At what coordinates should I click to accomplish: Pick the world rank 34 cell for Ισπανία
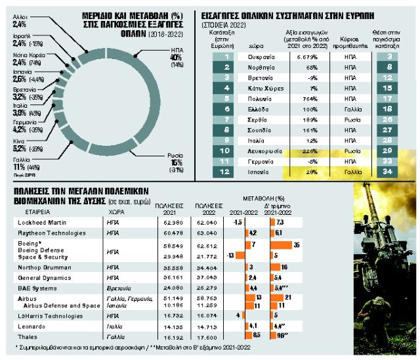388,171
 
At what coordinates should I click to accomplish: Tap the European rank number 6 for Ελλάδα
226,108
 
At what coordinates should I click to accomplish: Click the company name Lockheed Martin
43,222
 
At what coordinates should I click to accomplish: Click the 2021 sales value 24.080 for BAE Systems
168,287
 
